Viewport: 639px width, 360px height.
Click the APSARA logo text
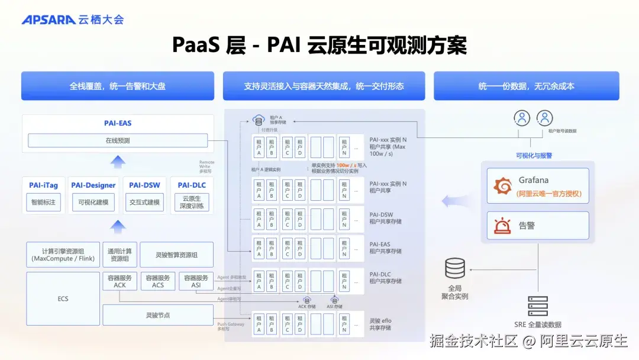click(x=49, y=20)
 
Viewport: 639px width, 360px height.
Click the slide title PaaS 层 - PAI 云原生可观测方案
click(x=319, y=45)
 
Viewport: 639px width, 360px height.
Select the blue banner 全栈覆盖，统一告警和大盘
click(x=118, y=86)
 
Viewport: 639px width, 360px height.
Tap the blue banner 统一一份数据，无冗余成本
click(x=526, y=86)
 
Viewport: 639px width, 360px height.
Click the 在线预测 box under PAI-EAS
click(x=118, y=141)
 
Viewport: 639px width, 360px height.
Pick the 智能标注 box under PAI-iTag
click(x=43, y=202)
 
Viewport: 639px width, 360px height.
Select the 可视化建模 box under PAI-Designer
click(x=93, y=202)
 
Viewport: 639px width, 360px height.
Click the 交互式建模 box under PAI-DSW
click(x=144, y=202)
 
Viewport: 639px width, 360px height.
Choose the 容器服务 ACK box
click(x=120, y=281)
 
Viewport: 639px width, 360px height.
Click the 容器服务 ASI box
click(x=196, y=281)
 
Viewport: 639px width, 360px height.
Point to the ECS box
click(x=63, y=298)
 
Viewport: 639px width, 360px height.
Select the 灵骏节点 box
click(x=158, y=315)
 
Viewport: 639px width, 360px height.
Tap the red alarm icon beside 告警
click(x=502, y=226)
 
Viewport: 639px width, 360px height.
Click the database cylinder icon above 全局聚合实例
click(x=455, y=269)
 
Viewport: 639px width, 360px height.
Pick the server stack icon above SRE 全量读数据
click(x=537, y=306)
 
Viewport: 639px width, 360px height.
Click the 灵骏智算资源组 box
click(x=176, y=255)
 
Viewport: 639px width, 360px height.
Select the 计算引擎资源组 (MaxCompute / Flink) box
click(x=63, y=255)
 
